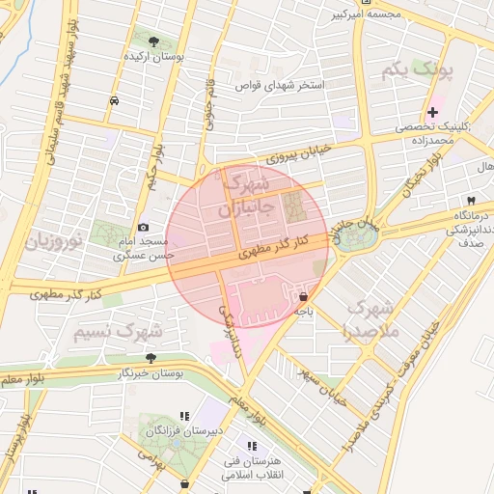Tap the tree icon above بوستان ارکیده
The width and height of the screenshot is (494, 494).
(x=154, y=41)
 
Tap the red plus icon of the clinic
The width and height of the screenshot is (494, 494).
(x=433, y=113)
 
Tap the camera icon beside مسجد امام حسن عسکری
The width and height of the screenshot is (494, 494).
(x=144, y=227)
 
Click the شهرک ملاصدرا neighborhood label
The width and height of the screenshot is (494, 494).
(x=373, y=320)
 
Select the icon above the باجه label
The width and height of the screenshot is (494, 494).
(x=304, y=296)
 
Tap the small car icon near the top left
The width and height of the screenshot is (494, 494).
(x=115, y=100)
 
